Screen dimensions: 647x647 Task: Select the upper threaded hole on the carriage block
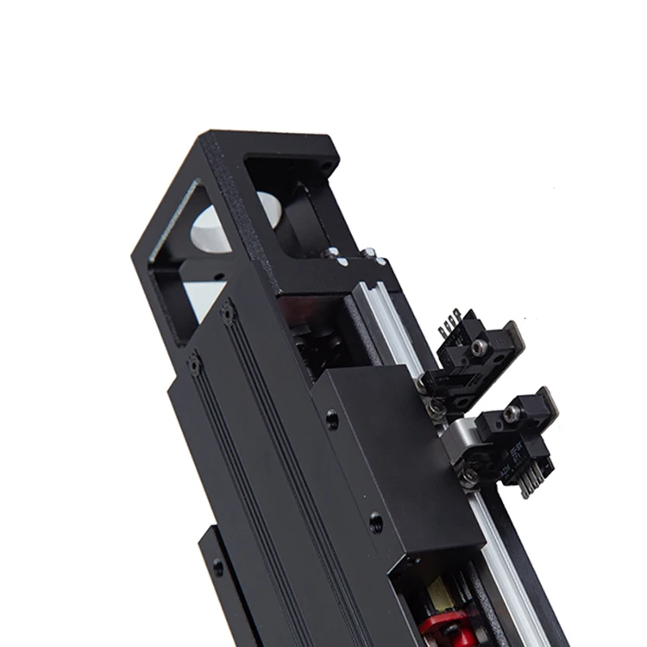332,420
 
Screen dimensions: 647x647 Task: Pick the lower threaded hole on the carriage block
375,521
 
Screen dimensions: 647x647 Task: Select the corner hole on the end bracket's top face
325,166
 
